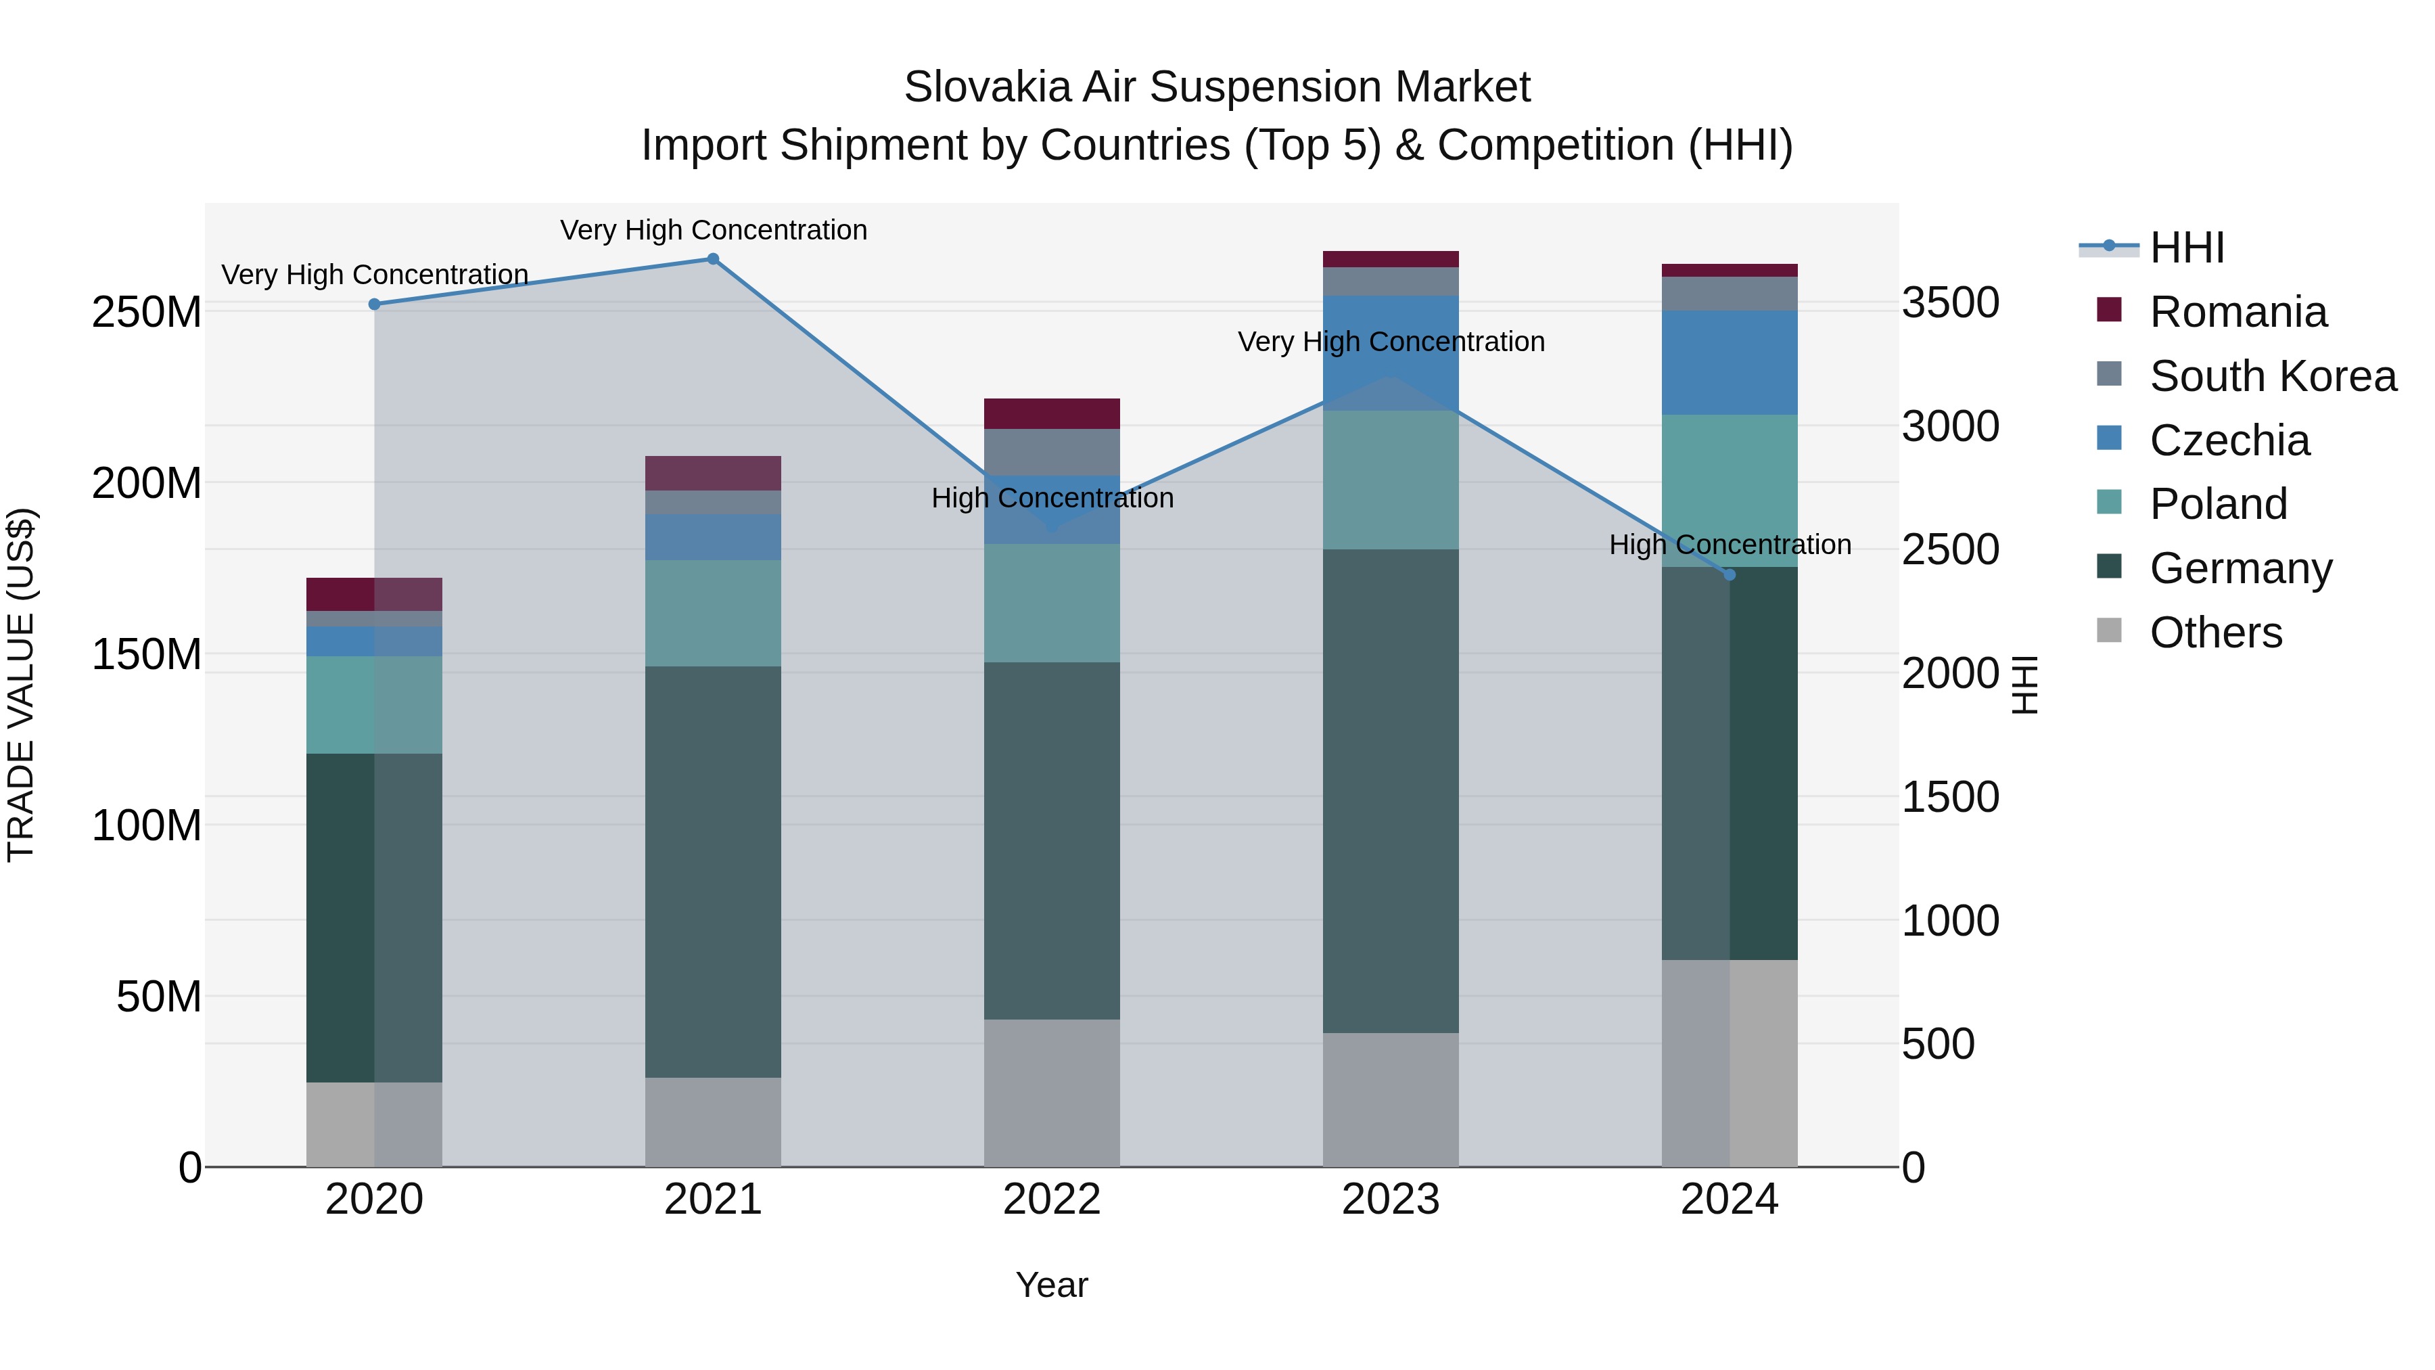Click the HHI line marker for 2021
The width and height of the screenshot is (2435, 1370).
point(713,259)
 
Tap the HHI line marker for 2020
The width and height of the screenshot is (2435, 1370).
point(374,304)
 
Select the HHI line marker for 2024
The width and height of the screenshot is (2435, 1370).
point(1730,574)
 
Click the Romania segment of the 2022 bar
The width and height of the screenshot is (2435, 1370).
point(1051,414)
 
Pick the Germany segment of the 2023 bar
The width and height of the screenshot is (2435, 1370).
point(1391,792)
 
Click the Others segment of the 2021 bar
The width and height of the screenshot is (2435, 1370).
point(713,1122)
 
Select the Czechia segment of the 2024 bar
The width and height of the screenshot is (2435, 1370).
point(1730,363)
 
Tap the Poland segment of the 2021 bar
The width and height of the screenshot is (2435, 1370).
point(713,614)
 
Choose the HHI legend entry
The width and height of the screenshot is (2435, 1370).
point(2185,248)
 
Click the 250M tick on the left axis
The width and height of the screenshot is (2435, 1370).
point(147,312)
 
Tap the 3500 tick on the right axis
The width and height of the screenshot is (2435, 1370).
point(1950,304)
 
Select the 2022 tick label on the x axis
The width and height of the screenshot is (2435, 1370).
point(1051,1200)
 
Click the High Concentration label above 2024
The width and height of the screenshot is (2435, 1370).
point(1730,545)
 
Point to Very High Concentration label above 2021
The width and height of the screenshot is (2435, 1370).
point(713,230)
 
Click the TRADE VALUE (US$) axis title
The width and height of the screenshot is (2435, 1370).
point(21,685)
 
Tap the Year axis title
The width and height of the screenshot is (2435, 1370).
point(1051,1286)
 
